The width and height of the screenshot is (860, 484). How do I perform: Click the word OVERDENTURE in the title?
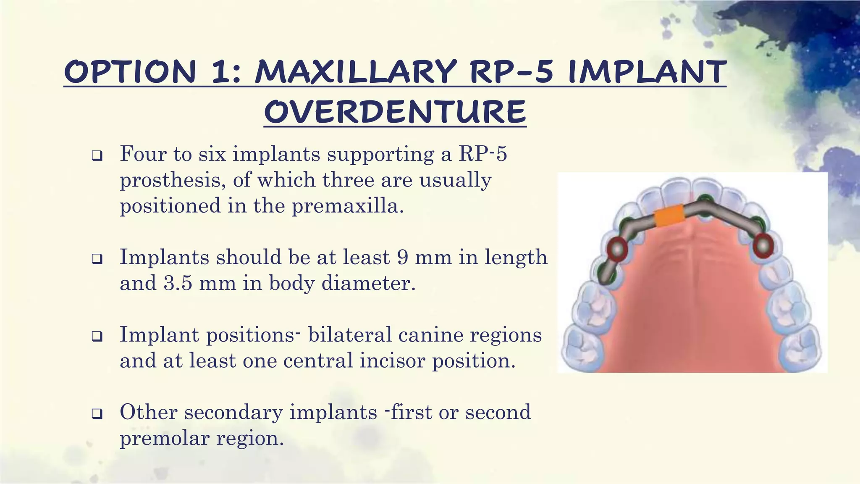point(395,112)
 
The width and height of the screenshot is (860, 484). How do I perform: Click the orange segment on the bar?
point(669,216)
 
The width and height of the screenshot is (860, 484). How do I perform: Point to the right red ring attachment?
point(763,245)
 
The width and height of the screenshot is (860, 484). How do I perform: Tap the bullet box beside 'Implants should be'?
point(97,260)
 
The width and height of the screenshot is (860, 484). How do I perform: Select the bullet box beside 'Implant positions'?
point(97,337)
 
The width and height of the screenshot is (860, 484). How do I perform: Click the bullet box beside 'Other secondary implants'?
point(97,414)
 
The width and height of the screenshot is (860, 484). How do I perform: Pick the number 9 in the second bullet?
point(403,257)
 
